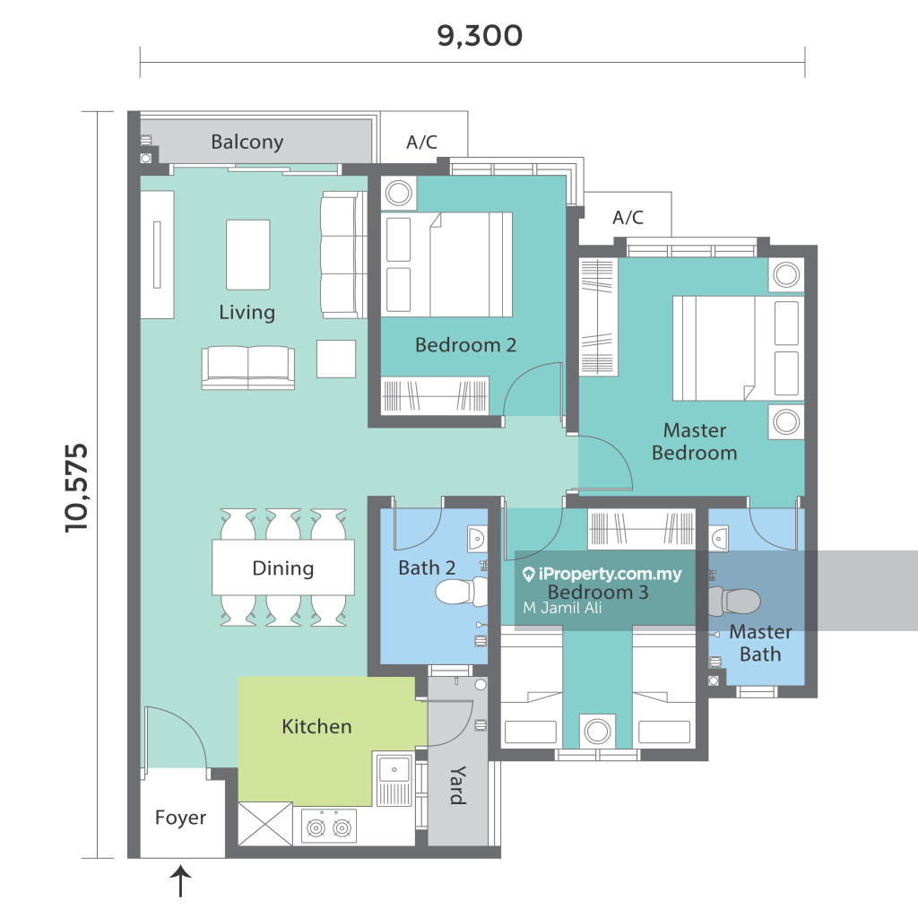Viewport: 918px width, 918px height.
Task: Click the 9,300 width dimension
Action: tap(480, 36)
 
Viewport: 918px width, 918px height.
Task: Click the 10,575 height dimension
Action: tap(77, 489)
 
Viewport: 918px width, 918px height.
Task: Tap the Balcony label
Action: tap(247, 143)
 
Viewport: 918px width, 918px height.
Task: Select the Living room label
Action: tap(247, 313)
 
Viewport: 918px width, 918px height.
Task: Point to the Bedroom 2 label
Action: tap(465, 345)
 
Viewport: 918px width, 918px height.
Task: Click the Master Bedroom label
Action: tap(695, 441)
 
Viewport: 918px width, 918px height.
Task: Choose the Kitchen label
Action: tap(316, 726)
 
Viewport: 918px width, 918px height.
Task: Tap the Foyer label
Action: tap(180, 818)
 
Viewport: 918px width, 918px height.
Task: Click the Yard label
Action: tap(458, 785)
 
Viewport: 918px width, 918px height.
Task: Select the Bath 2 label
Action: tap(427, 567)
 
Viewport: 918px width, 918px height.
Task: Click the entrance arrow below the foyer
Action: tap(181, 881)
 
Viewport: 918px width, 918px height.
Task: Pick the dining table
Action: tap(283, 567)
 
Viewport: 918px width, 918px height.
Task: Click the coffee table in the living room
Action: tap(248, 255)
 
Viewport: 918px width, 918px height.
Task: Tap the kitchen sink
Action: tap(394, 769)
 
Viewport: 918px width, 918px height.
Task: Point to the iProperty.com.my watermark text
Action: tap(602, 574)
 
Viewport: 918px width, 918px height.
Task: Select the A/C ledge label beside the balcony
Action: tap(421, 142)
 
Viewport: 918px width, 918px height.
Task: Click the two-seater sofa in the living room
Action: tap(248, 368)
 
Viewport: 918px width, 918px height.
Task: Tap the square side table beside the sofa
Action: tap(336, 359)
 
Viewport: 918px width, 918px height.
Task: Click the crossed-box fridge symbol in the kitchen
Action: tap(265, 824)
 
